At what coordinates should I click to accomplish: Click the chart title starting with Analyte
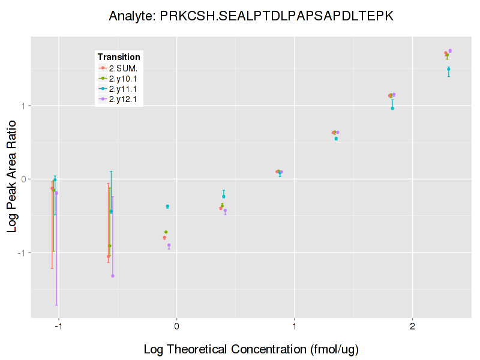[x=251, y=16]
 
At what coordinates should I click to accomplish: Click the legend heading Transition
[x=119, y=57]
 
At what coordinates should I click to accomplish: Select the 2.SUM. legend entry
[x=123, y=68]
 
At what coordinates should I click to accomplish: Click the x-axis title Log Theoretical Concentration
[x=251, y=349]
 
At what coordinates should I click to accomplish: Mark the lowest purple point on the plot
[x=113, y=276]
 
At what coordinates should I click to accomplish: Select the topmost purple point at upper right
[x=450, y=51]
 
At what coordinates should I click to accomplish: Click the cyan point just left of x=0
[x=167, y=206]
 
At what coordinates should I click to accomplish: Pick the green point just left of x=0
[x=166, y=232]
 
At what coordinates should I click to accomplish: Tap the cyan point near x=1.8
[x=392, y=108]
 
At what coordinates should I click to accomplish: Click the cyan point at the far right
[x=448, y=69]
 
